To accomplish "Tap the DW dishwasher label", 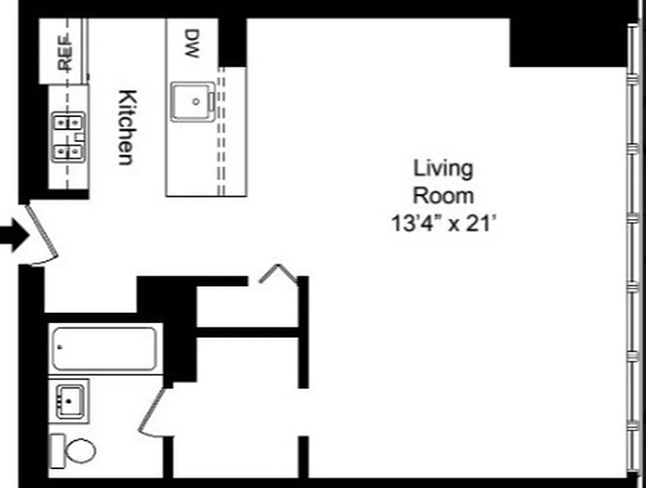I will click(192, 44).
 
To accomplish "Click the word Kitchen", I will click(126, 127).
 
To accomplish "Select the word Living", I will click(443, 168).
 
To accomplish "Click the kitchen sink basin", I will click(192, 101).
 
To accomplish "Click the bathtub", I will click(104, 348).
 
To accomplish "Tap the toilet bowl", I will click(79, 451).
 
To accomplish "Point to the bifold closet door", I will click(278, 274).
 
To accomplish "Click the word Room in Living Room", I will click(443, 196).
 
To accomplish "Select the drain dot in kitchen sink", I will click(196, 102).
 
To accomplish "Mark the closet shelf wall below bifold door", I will click(247, 332).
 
